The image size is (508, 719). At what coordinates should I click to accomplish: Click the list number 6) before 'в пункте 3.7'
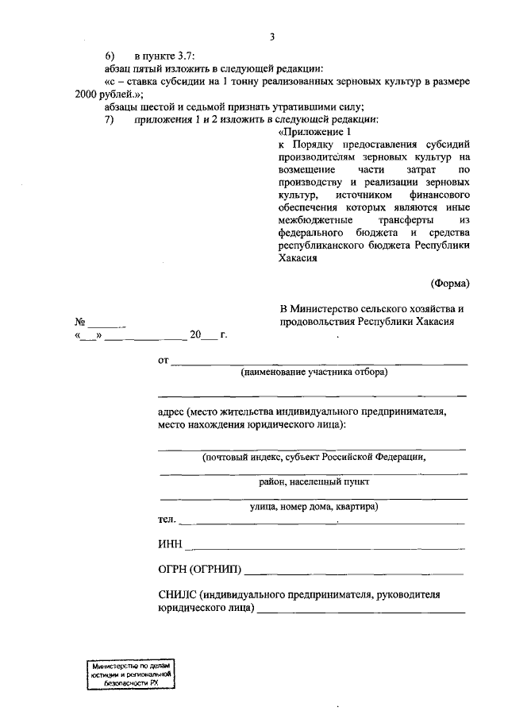(110, 56)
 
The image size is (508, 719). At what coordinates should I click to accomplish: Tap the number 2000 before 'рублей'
(78, 94)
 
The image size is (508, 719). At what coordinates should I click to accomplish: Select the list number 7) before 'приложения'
(110, 119)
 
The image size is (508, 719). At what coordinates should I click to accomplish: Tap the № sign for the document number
(80, 322)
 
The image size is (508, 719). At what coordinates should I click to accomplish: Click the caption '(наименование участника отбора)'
(314, 372)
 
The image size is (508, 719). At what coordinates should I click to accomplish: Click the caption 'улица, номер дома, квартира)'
(314, 506)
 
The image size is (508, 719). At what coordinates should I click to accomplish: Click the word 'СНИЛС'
(177, 594)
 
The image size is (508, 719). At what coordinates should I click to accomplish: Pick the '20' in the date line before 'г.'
(196, 335)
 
